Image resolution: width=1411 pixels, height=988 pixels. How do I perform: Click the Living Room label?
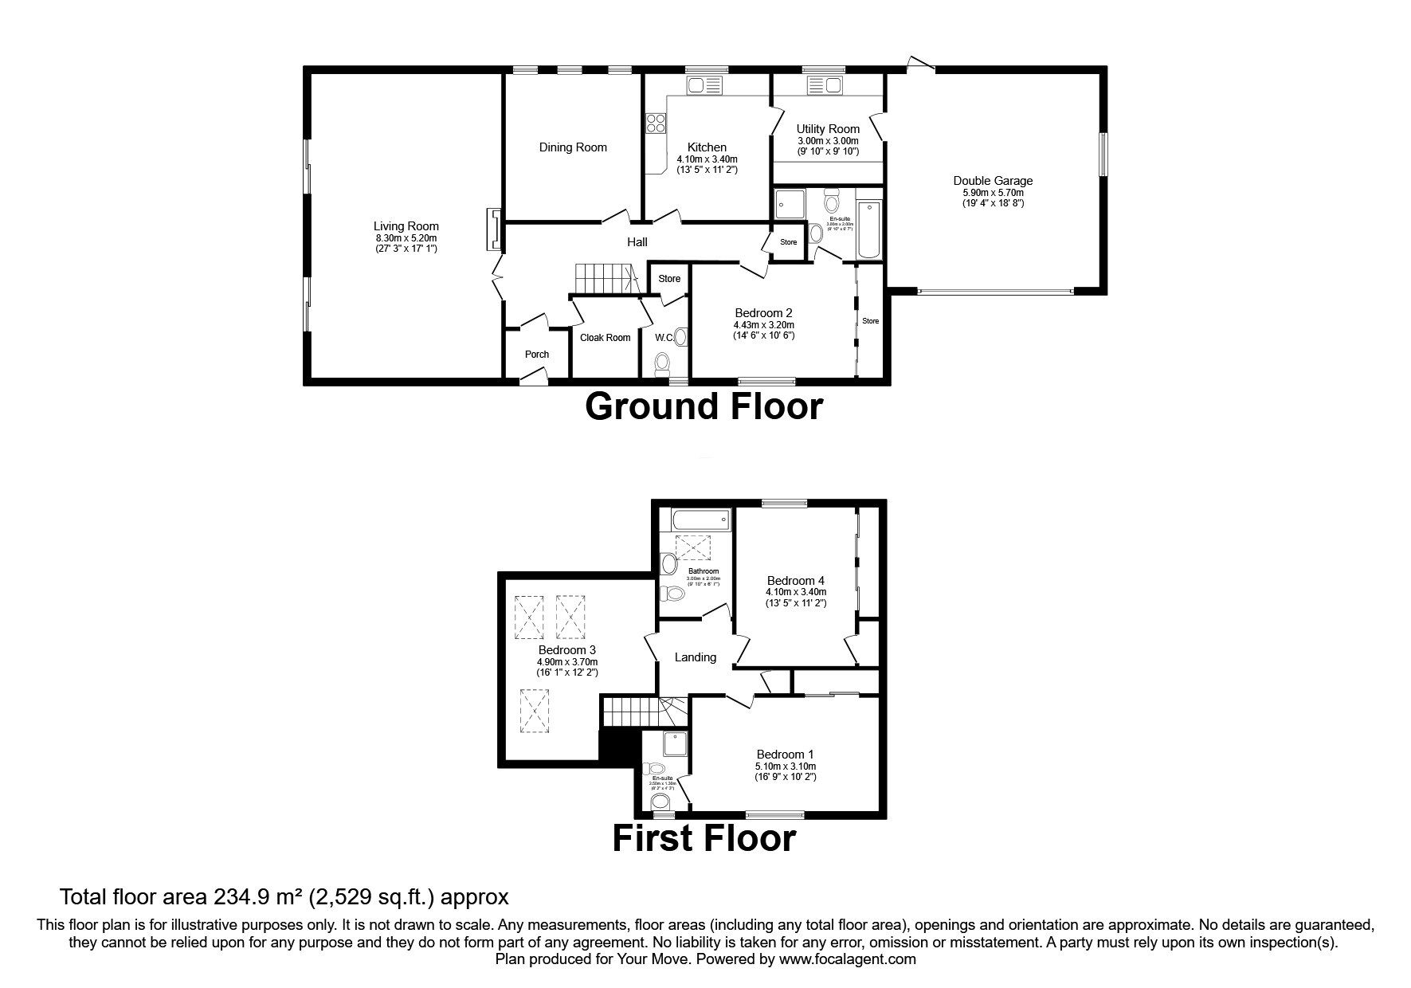[x=406, y=226]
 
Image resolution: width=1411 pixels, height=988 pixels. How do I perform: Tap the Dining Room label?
[x=573, y=147]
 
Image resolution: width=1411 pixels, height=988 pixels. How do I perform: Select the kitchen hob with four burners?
[x=656, y=123]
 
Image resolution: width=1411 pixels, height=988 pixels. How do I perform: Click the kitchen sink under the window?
[x=704, y=85]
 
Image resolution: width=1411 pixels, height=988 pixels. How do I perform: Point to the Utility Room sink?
[x=824, y=85]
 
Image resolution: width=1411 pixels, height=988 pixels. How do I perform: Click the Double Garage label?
[x=992, y=181]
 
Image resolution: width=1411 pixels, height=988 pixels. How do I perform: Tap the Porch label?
[x=537, y=355]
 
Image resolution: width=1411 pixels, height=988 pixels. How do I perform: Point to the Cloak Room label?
[x=605, y=338]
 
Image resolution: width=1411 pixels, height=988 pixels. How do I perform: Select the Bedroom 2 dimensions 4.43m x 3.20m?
[x=763, y=325]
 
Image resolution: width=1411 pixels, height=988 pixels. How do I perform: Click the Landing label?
[x=695, y=657]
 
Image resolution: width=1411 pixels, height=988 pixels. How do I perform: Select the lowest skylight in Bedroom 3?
[x=535, y=711]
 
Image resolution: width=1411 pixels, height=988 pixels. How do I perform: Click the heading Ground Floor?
[x=704, y=407]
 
